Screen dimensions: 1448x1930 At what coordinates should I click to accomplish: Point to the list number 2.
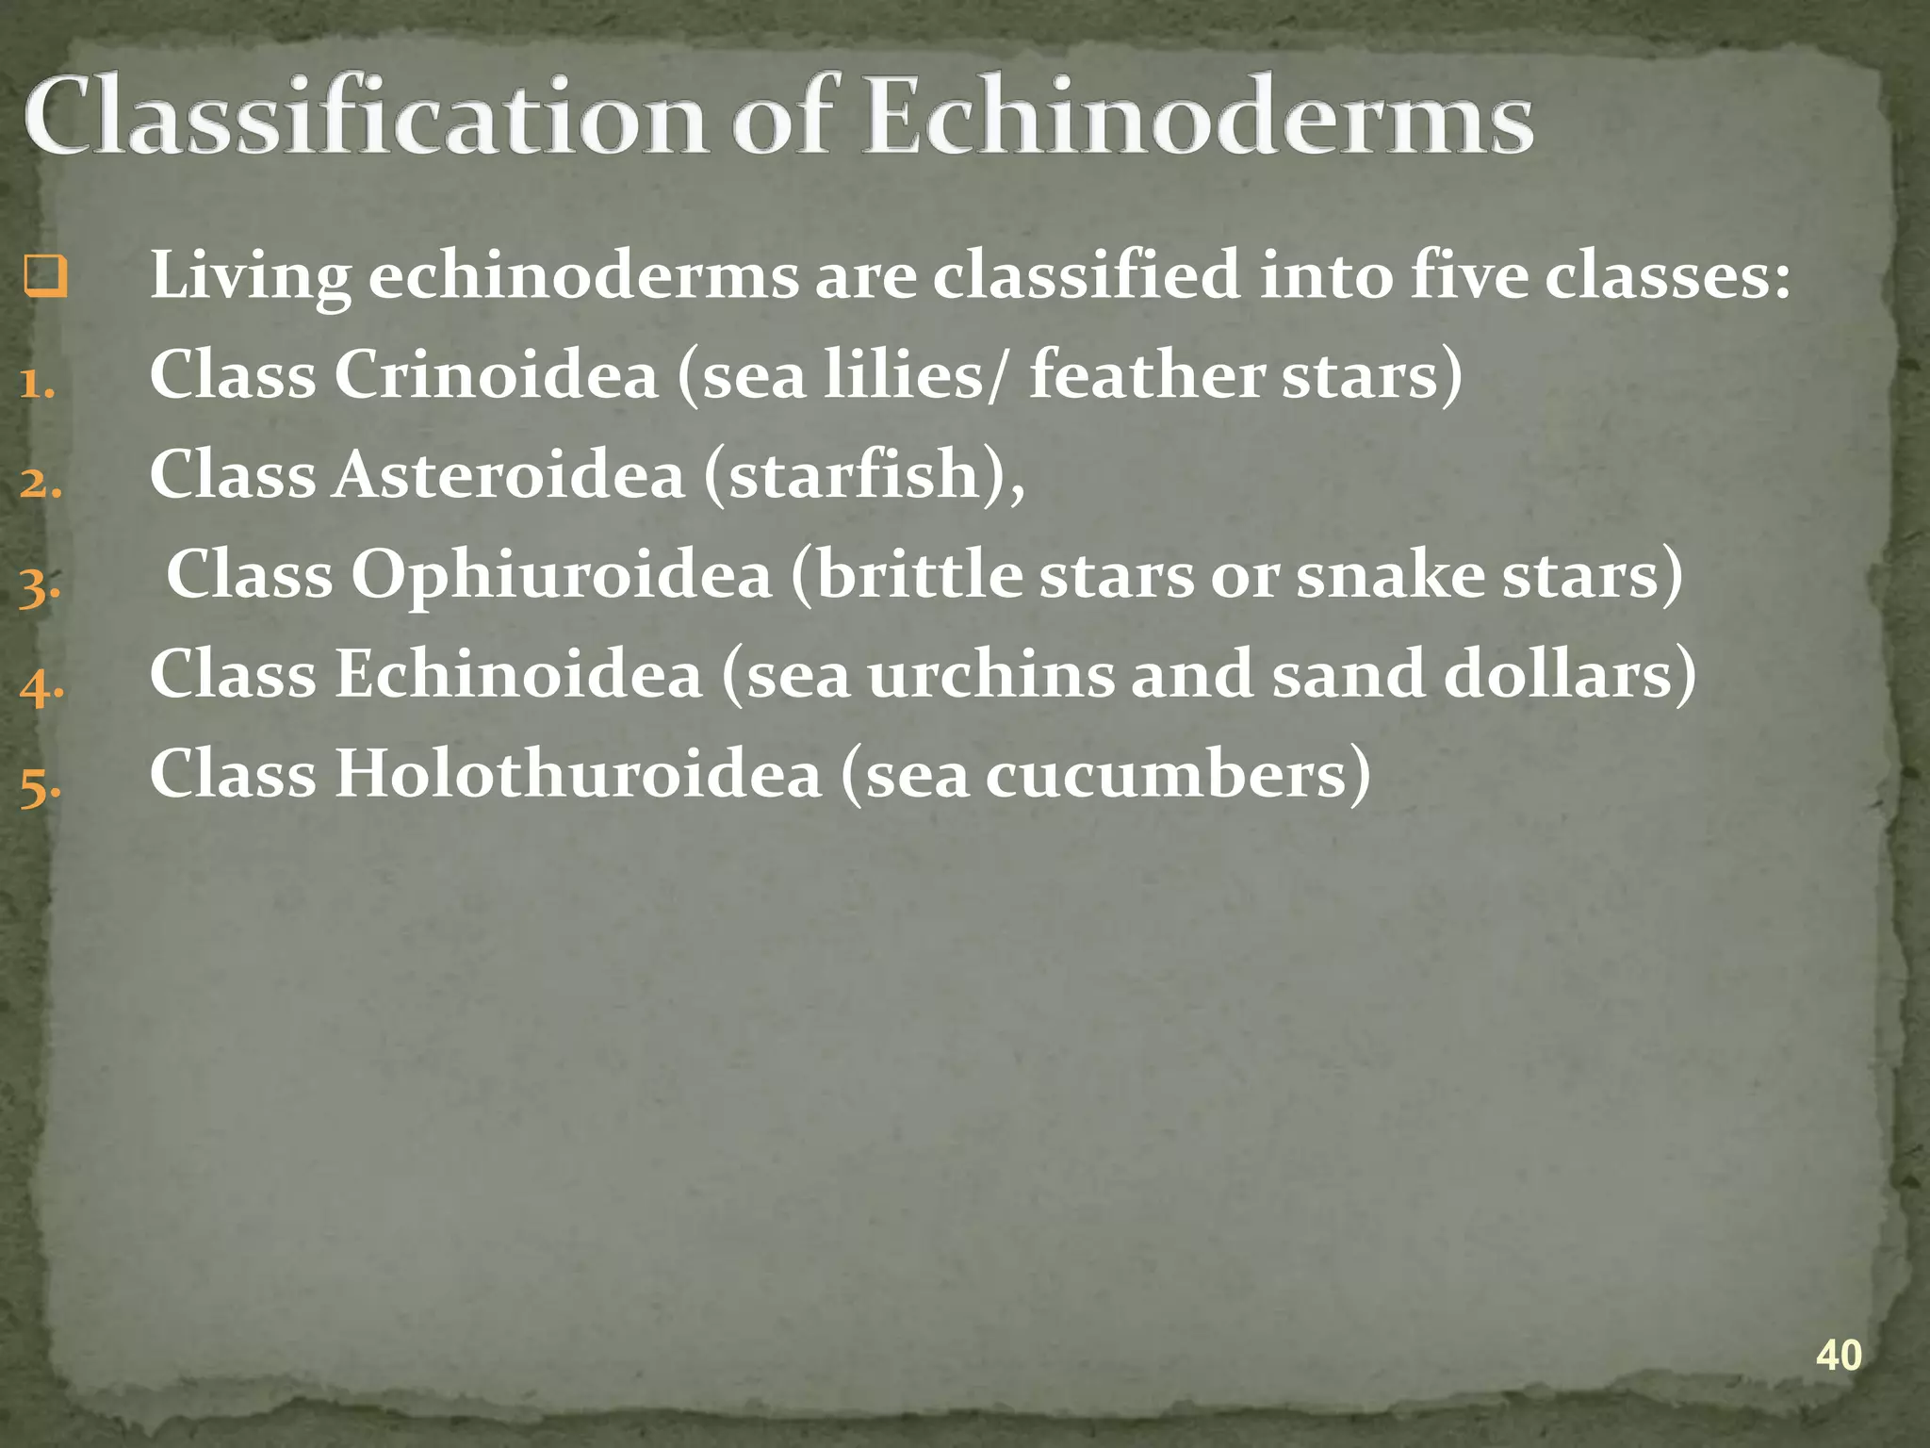pos(41,484)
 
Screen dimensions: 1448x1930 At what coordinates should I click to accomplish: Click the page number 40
pos(1838,1356)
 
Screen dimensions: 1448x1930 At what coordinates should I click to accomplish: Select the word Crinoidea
pos(496,374)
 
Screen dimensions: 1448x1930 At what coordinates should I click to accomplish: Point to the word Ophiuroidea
pos(562,575)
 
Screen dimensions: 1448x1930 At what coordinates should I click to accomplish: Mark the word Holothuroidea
pos(579,774)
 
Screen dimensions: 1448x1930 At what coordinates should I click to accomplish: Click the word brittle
pos(919,575)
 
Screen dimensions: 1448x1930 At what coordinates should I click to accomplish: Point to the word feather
pos(1146,374)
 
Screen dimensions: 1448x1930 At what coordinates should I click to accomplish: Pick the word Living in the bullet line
pos(251,276)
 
